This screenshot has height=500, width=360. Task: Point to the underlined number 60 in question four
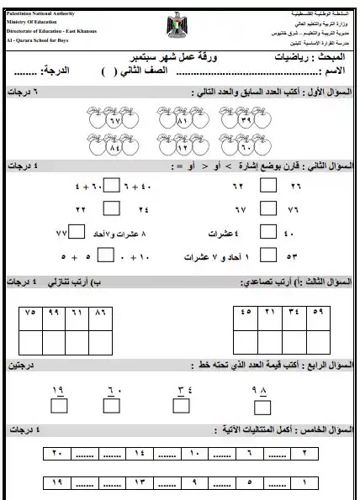coord(115,390)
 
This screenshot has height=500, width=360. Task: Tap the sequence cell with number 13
coord(139,482)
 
